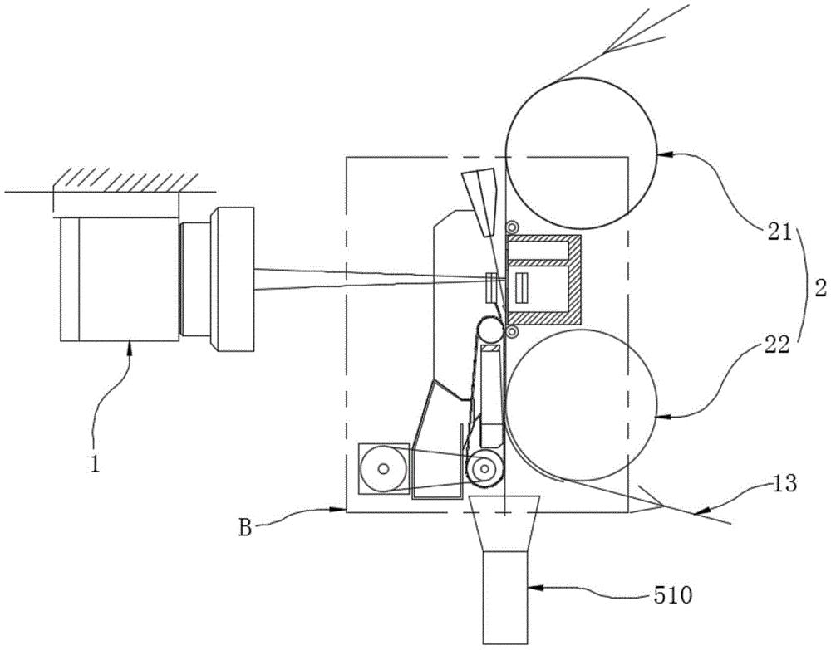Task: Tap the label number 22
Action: [776, 345]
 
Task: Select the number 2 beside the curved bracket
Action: [820, 289]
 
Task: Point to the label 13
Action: [785, 483]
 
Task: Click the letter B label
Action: [245, 528]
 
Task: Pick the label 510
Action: [672, 597]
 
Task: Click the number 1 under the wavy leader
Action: [95, 464]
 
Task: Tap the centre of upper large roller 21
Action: [582, 154]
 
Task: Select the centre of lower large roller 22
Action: [582, 405]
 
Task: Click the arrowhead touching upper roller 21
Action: [663, 154]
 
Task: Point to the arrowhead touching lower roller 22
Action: [663, 418]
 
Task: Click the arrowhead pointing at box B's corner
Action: [339, 510]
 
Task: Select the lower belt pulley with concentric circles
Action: [485, 468]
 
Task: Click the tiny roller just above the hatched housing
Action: [513, 227]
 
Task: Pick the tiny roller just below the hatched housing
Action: [513, 331]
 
